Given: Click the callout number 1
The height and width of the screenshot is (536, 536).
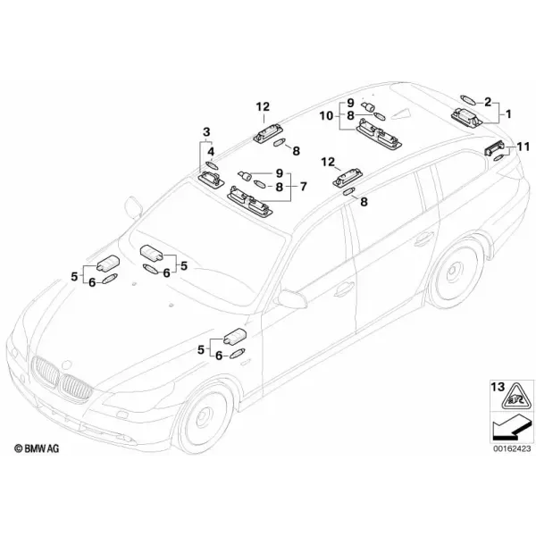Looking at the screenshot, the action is tap(508, 113).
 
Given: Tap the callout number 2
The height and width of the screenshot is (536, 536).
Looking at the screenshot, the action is tap(488, 102).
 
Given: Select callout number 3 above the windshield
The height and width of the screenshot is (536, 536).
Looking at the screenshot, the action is tap(206, 131).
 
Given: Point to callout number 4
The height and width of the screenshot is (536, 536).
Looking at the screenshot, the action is tap(211, 152).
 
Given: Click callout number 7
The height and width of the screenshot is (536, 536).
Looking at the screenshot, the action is tap(304, 187).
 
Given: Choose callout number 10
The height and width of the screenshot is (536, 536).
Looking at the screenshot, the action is tap(326, 116).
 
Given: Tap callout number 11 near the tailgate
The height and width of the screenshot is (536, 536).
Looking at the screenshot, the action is tap(523, 147).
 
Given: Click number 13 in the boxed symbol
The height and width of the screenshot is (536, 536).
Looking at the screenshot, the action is tap(498, 387).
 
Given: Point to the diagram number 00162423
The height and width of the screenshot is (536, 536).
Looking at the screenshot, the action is tap(512, 448).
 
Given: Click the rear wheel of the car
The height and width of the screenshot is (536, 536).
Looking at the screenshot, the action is tap(456, 271).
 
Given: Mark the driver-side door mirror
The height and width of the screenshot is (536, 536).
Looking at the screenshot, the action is tap(293, 299).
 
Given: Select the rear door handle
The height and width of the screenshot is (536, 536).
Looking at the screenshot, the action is tap(423, 239).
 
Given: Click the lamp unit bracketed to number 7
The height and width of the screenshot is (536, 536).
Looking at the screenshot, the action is tap(250, 201).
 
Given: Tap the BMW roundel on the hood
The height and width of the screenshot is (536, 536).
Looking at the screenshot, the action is tap(66, 364).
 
